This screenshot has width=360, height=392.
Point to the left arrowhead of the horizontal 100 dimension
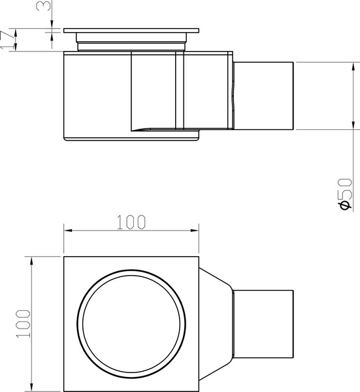[66, 231]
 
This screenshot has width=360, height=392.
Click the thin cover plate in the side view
[131, 31]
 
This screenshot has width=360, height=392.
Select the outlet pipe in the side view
[264, 95]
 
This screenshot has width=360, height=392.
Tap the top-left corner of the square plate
[63, 257]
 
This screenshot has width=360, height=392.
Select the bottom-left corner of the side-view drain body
[63, 140]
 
